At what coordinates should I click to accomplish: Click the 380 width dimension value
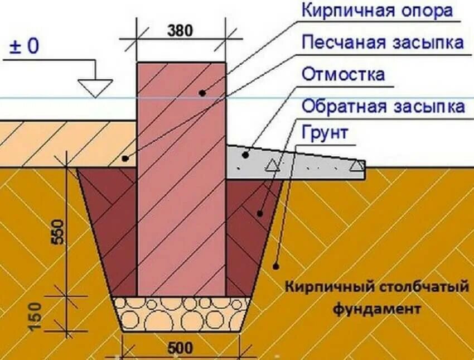coord(180,31)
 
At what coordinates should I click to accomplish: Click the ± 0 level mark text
coord(24,46)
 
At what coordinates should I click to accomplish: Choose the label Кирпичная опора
coord(376,10)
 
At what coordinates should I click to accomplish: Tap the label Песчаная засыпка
coord(382,42)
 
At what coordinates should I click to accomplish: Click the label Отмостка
coord(343,74)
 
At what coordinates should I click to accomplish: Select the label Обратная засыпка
coord(383,106)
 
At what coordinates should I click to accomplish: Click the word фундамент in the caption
coord(377,308)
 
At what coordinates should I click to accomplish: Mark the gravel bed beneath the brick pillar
coord(181,313)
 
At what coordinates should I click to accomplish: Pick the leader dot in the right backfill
coord(260,213)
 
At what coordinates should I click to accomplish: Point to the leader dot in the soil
coord(275,267)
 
